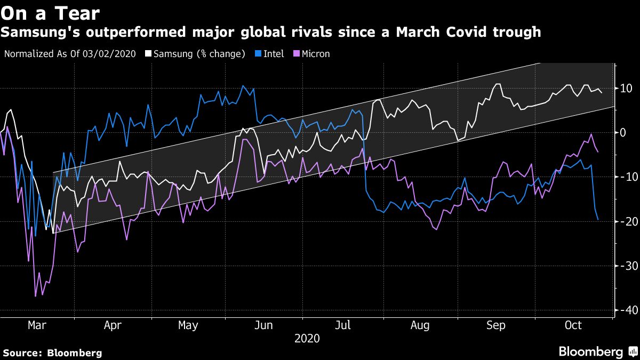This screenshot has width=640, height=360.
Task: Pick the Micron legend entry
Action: coord(315,53)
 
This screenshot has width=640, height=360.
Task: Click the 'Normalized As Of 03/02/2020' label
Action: coord(70,53)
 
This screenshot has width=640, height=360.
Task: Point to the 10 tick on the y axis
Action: coord(624,88)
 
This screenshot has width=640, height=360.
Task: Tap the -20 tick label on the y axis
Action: coord(624,221)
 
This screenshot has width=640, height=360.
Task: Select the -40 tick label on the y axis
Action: coord(624,310)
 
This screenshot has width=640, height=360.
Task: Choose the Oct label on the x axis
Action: coord(573,325)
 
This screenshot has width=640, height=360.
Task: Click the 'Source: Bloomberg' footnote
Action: coord(52,353)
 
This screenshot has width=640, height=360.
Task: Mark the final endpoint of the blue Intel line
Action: coord(598,220)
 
